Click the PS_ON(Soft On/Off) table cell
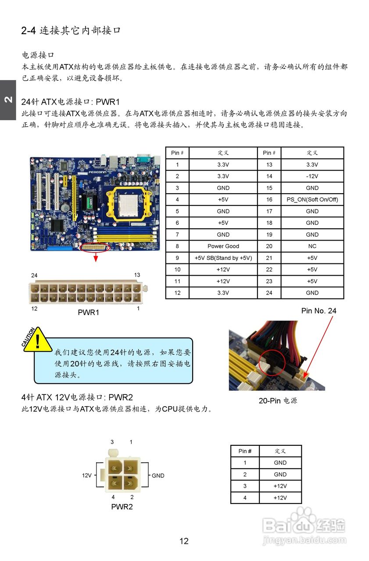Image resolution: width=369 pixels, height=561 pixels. click(312, 199)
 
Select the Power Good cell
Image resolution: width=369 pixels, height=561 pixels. click(223, 246)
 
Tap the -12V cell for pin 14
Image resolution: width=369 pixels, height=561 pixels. click(312, 176)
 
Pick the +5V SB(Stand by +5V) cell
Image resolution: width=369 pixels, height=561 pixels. click(223, 258)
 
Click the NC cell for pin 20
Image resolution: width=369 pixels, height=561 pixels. click(312, 246)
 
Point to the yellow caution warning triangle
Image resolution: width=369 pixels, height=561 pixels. click(37, 340)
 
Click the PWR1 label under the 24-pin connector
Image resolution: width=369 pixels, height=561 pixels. click(88, 312)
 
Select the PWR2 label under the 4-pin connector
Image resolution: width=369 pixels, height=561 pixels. click(122, 507)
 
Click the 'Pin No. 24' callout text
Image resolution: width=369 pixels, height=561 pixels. click(319, 311)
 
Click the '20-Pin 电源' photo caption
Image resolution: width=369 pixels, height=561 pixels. click(277, 401)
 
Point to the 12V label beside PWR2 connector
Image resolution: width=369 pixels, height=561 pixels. click(87, 476)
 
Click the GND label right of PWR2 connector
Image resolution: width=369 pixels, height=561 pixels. click(158, 476)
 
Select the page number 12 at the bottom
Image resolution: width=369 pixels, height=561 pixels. click(184, 541)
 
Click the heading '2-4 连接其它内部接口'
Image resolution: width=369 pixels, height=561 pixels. click(71, 31)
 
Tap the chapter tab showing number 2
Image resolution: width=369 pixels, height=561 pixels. click(8, 100)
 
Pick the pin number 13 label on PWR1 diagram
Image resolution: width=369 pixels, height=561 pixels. click(137, 275)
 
